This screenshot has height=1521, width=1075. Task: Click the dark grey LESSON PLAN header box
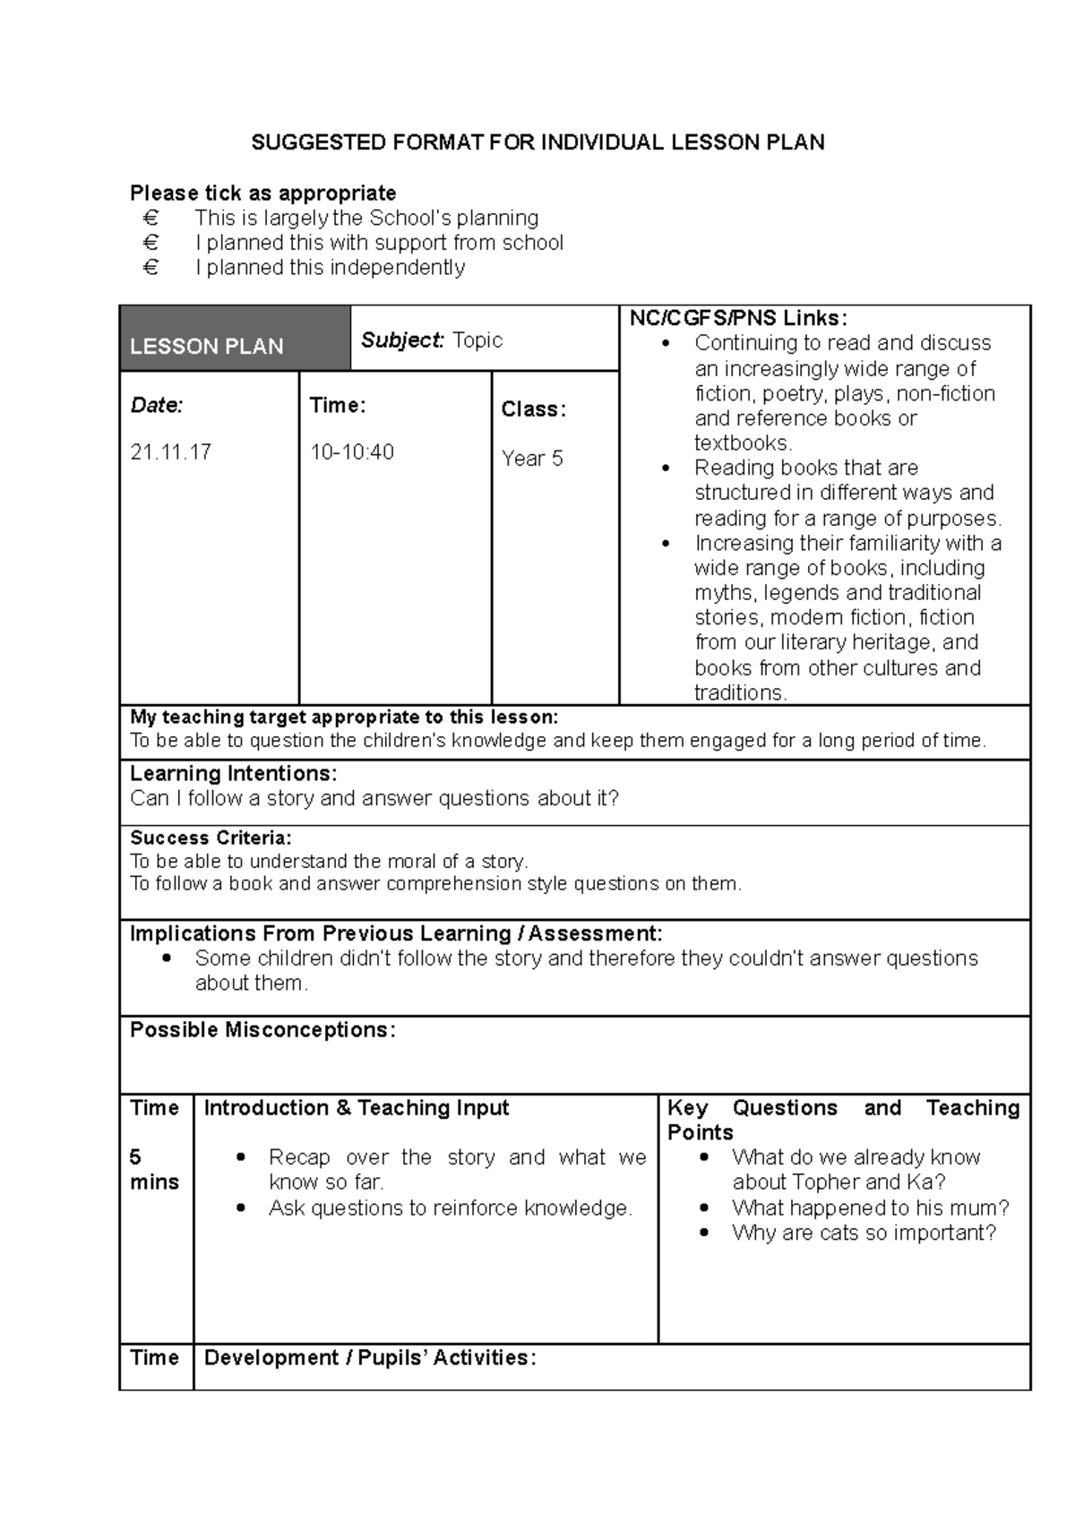click(x=235, y=339)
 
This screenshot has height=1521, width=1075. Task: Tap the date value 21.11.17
click(x=171, y=452)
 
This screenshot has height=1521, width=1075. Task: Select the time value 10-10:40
click(x=352, y=452)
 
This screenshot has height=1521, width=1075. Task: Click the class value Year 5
click(x=532, y=459)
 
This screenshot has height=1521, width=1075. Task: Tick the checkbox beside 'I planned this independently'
click(x=150, y=268)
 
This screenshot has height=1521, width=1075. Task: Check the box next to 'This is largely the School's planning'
click(x=150, y=218)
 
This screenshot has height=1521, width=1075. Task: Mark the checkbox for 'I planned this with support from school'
click(x=150, y=243)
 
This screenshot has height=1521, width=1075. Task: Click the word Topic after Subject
click(x=477, y=340)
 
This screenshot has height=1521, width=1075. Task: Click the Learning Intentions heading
click(x=233, y=774)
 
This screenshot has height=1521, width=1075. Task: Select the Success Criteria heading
click(x=211, y=838)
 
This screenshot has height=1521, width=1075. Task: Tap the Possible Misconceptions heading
click(x=262, y=1030)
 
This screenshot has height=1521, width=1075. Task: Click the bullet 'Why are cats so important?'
click(x=864, y=1233)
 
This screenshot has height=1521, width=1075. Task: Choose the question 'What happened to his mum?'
click(x=871, y=1208)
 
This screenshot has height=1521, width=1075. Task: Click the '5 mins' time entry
click(x=154, y=1170)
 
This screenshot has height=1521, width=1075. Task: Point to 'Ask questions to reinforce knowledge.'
click(x=451, y=1208)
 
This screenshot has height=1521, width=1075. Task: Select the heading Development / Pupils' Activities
click(x=370, y=1358)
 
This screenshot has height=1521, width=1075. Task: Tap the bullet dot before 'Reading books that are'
click(x=664, y=468)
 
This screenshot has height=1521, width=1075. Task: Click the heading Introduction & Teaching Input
click(x=357, y=1108)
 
